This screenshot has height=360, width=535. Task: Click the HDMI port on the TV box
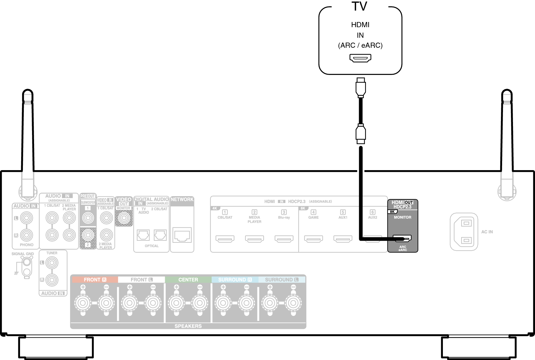point(360,58)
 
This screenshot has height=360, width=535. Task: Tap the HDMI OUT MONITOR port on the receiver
point(402,238)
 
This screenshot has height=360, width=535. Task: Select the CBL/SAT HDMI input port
point(225,238)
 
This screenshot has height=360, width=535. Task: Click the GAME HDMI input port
point(313,238)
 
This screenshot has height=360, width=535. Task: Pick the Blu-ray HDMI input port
point(284,238)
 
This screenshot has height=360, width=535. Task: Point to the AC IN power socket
point(464,232)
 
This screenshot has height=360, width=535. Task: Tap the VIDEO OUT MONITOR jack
point(124,218)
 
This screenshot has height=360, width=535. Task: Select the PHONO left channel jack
point(26,218)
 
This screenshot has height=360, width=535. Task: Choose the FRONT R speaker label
point(95,280)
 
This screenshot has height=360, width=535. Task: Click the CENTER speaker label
point(188,280)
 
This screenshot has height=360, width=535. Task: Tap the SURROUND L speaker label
point(282,280)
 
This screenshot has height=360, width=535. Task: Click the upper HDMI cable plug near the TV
point(360,87)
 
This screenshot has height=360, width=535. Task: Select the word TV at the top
point(359,7)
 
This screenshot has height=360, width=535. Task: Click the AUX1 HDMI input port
point(343,238)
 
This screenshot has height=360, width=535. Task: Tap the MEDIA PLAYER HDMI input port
point(254,238)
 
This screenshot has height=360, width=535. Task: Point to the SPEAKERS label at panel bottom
point(188,326)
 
